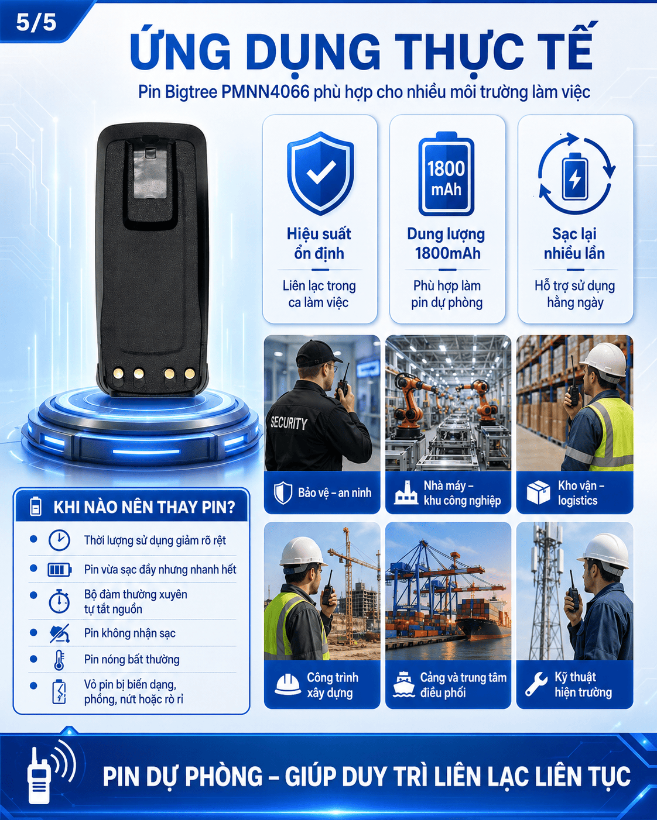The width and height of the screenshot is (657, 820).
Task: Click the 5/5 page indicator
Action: [x=36, y=22]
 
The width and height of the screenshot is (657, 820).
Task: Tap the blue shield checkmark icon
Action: [x=320, y=173]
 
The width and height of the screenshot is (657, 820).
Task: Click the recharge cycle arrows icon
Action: [x=576, y=173]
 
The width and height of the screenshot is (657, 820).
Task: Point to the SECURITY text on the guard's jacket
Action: [x=289, y=423]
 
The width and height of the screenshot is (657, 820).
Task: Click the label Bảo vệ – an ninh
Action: [x=334, y=492]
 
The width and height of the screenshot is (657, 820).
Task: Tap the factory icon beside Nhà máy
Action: [x=406, y=492]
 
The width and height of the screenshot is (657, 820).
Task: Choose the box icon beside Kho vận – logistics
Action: [x=538, y=492]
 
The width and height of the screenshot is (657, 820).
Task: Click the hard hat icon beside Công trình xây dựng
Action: [x=288, y=685]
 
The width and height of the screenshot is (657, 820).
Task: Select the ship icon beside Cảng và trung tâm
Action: [x=403, y=684]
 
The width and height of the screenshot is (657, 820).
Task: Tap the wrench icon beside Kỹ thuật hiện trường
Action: [x=536, y=684]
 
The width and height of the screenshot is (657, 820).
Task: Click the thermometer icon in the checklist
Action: [x=59, y=660]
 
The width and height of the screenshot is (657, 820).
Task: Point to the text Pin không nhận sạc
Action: [x=130, y=633]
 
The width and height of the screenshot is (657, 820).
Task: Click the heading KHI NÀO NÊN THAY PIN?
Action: [x=144, y=507]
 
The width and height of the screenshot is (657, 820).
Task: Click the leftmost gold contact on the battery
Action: [x=118, y=373]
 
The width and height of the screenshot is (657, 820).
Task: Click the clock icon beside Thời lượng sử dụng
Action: [x=59, y=540]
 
